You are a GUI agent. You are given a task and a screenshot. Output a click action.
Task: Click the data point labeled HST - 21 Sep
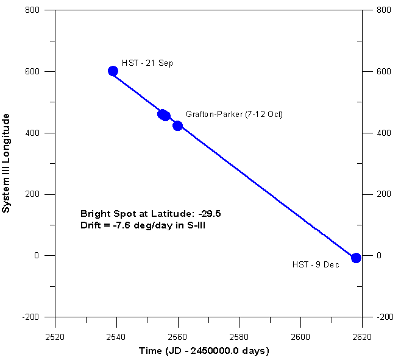[113, 71]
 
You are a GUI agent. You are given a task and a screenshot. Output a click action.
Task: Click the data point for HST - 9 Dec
[357, 258]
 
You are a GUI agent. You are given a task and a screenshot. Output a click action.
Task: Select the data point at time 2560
[177, 125]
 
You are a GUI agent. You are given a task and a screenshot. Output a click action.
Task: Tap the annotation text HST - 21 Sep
[147, 63]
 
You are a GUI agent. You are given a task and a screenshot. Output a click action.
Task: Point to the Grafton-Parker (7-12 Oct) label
[234, 114]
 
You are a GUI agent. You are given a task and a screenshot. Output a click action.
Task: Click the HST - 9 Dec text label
[316, 264]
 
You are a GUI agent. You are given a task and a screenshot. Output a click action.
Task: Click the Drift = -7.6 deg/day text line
[137, 225]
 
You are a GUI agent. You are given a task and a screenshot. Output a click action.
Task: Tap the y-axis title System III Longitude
[7, 163]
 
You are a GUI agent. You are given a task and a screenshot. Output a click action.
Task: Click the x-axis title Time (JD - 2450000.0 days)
[209, 351]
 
